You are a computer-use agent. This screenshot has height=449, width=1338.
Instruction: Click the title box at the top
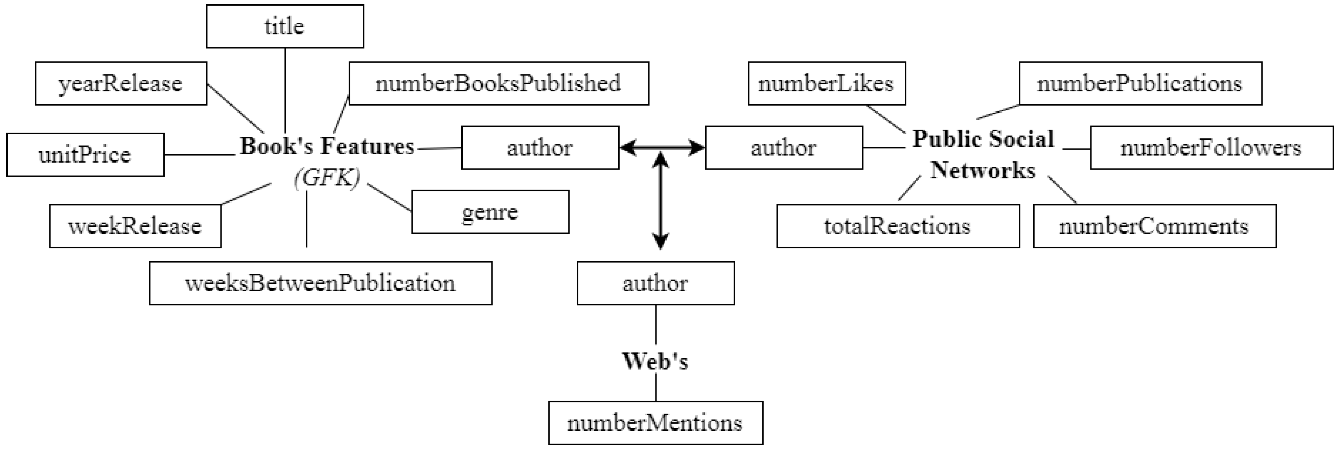tap(285, 26)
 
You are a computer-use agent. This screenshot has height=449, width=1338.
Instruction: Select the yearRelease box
tap(120, 84)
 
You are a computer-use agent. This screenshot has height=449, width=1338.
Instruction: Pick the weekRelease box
tap(135, 226)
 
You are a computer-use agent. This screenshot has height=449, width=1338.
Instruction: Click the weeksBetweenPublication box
tap(321, 283)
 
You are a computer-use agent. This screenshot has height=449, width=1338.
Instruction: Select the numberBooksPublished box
tap(499, 84)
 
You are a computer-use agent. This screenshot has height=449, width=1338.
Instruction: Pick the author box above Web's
tap(655, 283)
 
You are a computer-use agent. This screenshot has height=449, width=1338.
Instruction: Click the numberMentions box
tap(655, 423)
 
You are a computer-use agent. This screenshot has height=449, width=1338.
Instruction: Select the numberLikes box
tap(826, 84)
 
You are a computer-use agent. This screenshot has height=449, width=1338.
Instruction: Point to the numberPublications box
tap(1140, 84)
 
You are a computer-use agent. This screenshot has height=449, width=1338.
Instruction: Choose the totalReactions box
tap(898, 226)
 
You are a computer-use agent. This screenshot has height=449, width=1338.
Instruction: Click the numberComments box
tap(1154, 226)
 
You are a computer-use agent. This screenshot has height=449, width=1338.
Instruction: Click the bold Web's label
tap(655, 361)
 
